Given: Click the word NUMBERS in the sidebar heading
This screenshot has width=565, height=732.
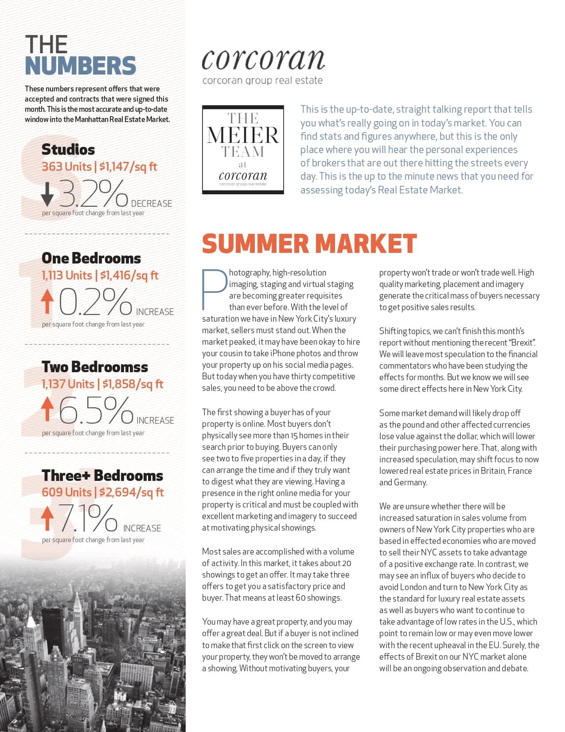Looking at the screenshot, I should [80, 66].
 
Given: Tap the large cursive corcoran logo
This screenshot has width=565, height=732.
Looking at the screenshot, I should [263, 59].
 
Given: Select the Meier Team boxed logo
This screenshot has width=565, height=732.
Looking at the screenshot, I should [243, 150].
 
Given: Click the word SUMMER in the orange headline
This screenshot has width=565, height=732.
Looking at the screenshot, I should [255, 244].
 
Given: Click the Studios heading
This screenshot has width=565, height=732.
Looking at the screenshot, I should [68, 150].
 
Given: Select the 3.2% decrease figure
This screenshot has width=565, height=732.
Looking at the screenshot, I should [93, 194].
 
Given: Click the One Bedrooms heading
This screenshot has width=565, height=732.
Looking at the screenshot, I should [91, 258].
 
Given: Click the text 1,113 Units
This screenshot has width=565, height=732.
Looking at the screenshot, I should [66, 275].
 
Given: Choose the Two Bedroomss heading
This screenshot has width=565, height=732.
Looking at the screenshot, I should [95, 367].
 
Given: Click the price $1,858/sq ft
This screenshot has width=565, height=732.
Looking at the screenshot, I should [132, 384].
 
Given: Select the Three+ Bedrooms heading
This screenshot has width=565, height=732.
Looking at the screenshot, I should [102, 476].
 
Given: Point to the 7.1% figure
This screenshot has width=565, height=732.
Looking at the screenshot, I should [89, 518].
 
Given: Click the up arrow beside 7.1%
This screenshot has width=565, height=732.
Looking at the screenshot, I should [47, 519].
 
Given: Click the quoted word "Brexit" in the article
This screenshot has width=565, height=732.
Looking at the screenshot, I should [522, 342].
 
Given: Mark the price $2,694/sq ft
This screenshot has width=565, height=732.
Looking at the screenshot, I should [132, 492].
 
